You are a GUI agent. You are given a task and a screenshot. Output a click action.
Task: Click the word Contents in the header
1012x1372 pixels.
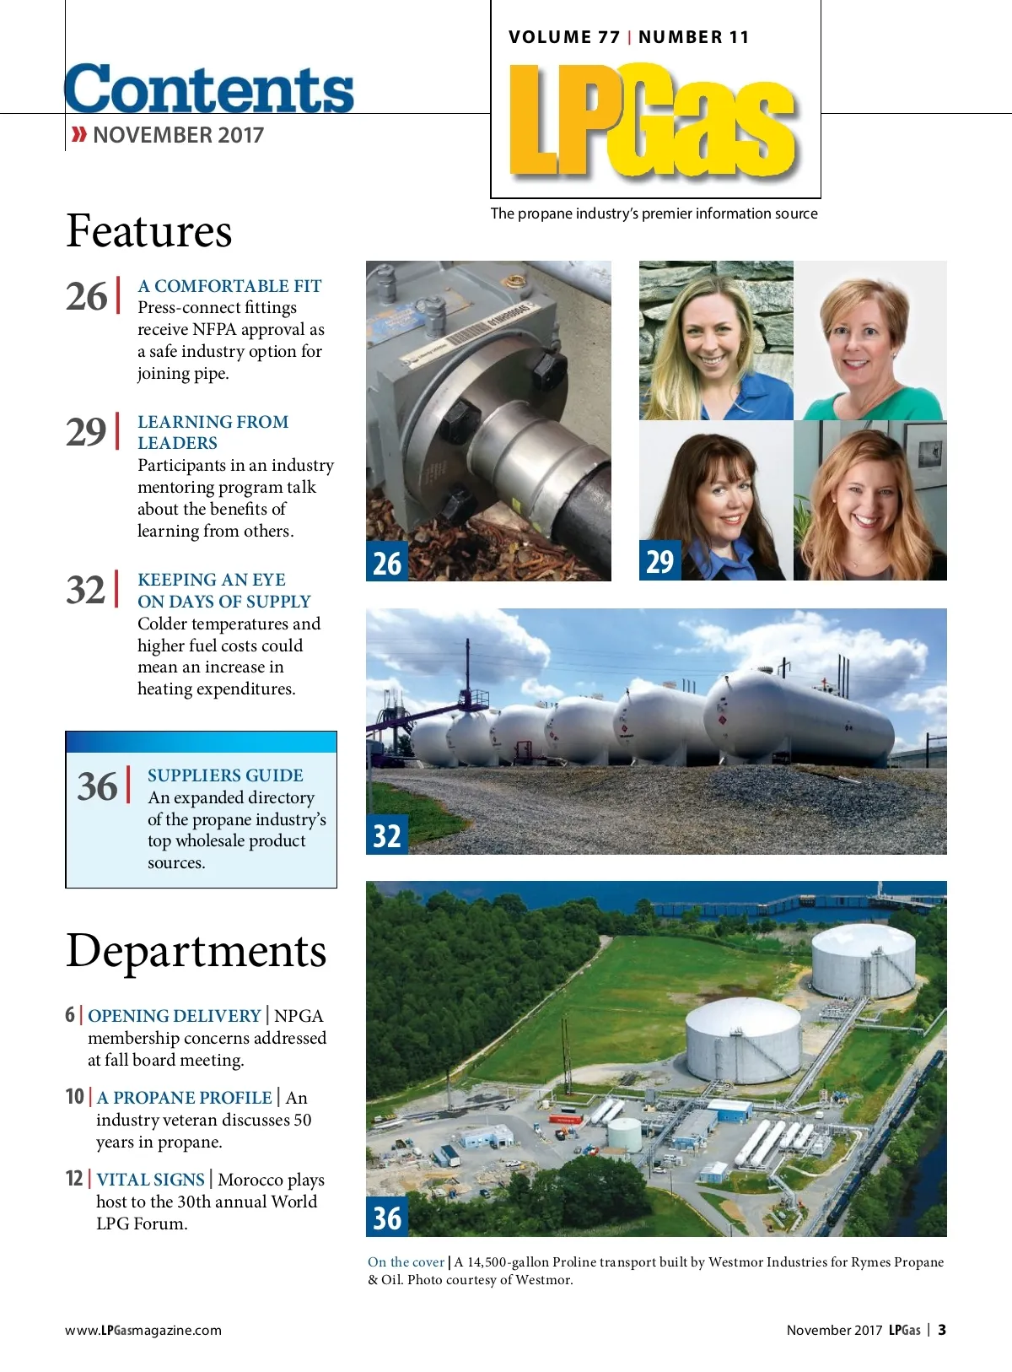[209, 89]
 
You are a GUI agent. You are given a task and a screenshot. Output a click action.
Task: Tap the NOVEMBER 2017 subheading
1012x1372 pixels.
[178, 135]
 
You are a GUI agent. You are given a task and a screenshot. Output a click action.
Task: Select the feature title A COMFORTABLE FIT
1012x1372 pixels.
[229, 286]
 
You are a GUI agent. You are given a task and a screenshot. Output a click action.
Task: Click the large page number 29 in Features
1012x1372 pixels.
[86, 432]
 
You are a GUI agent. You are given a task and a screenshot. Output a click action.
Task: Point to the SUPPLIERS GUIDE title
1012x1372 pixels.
[225, 775]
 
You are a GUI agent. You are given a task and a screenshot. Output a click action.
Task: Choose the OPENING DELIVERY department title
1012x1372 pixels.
[175, 1016]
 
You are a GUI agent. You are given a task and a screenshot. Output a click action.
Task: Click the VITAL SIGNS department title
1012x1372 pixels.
[150, 1180]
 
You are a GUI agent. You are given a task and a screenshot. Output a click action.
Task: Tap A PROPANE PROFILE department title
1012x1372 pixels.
[184, 1098]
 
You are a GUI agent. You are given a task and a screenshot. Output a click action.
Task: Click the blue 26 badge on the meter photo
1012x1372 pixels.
[387, 563]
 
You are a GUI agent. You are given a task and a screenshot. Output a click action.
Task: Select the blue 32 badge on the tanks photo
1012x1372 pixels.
[387, 835]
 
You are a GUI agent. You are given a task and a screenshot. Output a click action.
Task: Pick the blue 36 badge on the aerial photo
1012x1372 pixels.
[387, 1218]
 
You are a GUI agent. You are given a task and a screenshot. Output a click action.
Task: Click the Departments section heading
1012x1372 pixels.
[196, 951]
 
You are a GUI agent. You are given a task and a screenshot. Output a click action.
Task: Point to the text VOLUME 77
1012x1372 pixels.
[564, 37]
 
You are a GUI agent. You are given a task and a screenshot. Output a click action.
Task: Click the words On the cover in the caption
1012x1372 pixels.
[406, 1262]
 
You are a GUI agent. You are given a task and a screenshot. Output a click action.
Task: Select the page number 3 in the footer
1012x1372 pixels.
[942, 1330]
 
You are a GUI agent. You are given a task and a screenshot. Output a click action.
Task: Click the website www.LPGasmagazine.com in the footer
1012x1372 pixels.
[143, 1331]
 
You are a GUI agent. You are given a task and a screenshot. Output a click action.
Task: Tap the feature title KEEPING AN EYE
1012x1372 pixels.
[212, 580]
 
